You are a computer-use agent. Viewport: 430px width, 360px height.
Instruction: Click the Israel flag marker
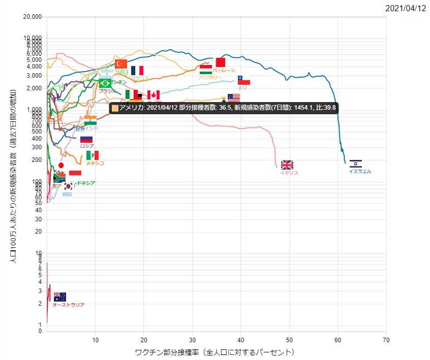pyautogui.click(x=356, y=163)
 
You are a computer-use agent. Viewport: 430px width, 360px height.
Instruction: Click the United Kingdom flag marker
pyautogui.click(x=287, y=165)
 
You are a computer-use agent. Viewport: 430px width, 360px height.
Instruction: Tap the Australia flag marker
pyautogui.click(x=60, y=297)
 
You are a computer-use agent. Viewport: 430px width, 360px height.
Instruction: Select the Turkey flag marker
pyautogui.click(x=121, y=63)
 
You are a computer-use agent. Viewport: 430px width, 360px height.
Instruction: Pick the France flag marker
pyautogui.click(x=137, y=71)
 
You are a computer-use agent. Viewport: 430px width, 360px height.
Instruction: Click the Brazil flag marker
pyautogui.click(x=105, y=83)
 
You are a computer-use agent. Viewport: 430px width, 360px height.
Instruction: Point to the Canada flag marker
pyautogui.click(x=153, y=95)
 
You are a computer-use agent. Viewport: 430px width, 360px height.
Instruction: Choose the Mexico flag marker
pyautogui.click(x=93, y=155)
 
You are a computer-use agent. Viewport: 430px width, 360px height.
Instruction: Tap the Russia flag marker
pyautogui.click(x=86, y=139)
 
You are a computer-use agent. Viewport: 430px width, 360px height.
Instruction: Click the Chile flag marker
pyautogui.click(x=244, y=80)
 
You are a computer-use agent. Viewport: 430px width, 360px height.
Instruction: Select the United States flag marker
pyautogui.click(x=234, y=97)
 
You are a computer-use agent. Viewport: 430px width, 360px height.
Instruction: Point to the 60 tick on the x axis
pyautogui.click(x=337, y=340)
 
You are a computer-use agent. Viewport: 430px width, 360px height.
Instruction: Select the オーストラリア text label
pyautogui.click(x=69, y=305)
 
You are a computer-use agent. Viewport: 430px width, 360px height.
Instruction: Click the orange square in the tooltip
pyautogui.click(x=115, y=108)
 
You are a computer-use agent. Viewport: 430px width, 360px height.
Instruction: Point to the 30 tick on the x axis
pyautogui.click(x=192, y=340)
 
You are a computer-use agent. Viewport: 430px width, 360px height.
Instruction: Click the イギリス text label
pyautogui.click(x=289, y=173)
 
